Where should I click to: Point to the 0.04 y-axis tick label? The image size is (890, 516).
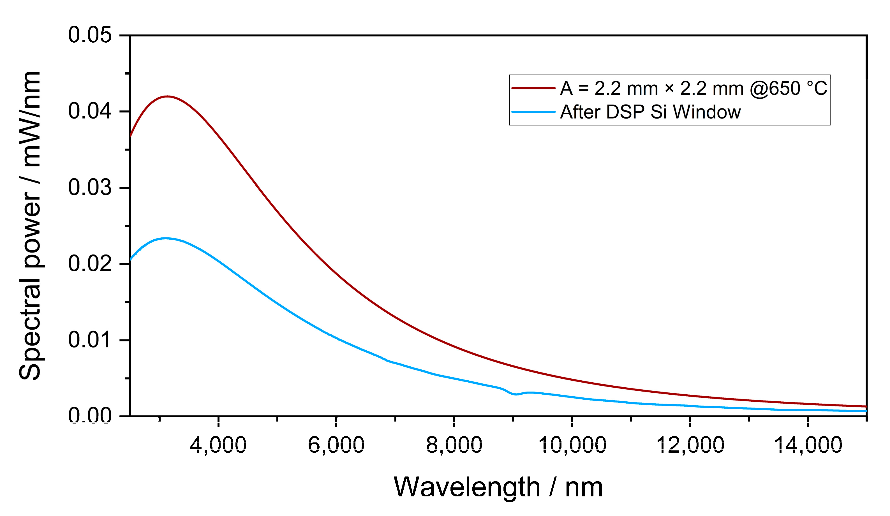click(x=90, y=111)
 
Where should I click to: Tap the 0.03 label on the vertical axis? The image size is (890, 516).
click(x=90, y=188)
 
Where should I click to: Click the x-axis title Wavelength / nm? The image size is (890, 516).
click(x=498, y=487)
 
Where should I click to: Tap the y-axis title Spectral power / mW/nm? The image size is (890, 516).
click(x=31, y=226)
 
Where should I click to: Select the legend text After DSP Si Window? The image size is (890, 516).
click(x=650, y=112)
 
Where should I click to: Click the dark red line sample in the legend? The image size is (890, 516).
click(x=533, y=88)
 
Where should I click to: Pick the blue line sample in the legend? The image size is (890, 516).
click(x=533, y=112)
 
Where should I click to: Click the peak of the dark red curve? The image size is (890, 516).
click(x=167, y=96)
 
